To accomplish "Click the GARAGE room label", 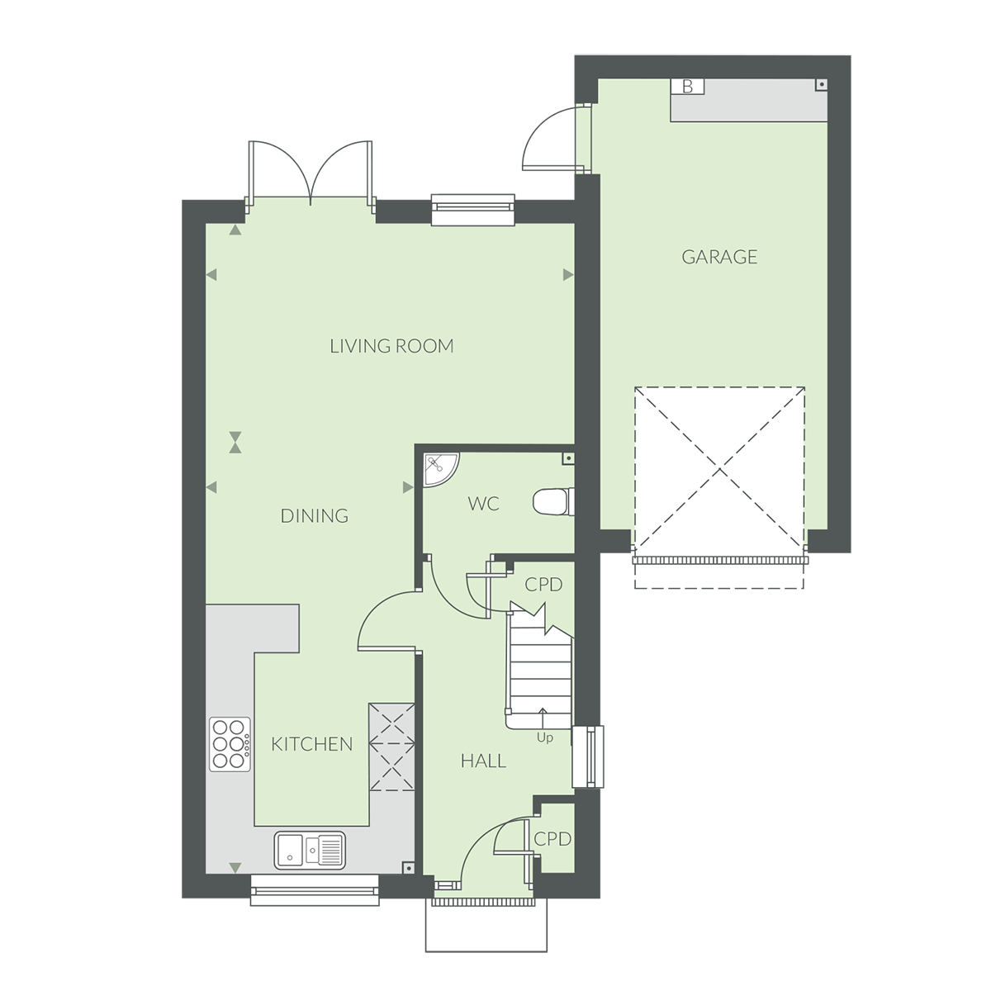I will (719, 257).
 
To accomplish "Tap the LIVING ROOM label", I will (391, 346).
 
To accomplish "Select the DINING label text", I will (314, 516).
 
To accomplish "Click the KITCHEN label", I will (311, 744).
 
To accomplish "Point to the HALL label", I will (483, 761).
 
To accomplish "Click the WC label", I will (483, 504).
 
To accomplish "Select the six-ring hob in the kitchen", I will (230, 743).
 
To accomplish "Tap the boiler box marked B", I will (686, 86).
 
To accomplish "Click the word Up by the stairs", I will (544, 737).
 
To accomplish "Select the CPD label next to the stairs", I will (543, 585).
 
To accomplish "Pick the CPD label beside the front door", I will (552, 839).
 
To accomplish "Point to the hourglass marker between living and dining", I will (237, 441).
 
